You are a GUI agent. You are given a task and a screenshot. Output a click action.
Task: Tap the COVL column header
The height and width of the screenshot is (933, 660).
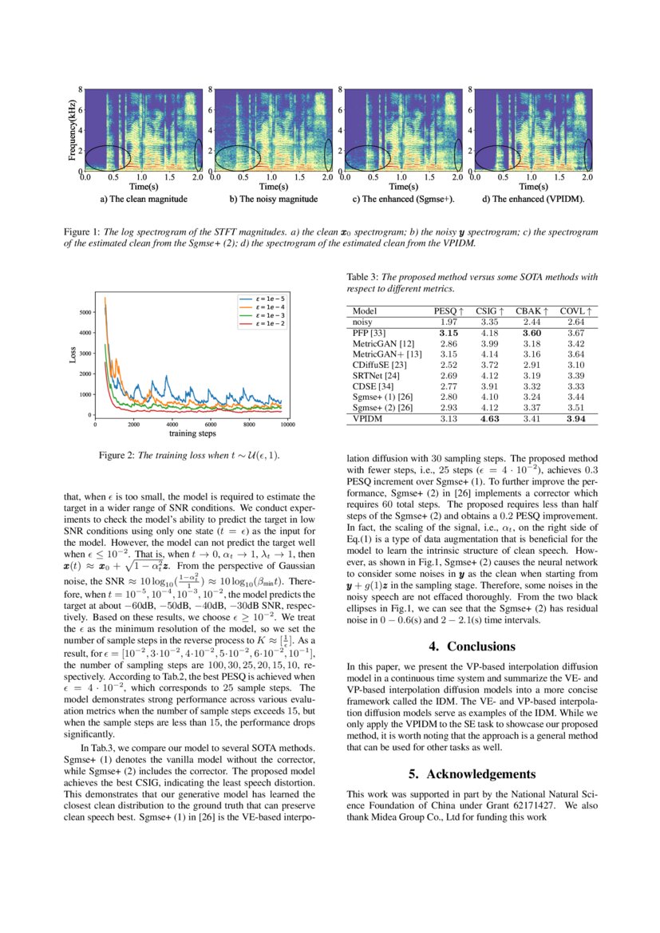point(575,310)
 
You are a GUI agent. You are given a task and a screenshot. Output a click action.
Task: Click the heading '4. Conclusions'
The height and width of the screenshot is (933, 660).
point(470,646)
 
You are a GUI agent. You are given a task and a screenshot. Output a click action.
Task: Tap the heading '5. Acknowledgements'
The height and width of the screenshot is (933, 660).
point(470,774)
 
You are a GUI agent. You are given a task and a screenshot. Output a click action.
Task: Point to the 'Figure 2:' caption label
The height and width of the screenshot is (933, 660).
point(117,455)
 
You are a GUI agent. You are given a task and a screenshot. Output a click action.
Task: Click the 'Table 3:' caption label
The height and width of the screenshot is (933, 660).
point(363,277)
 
